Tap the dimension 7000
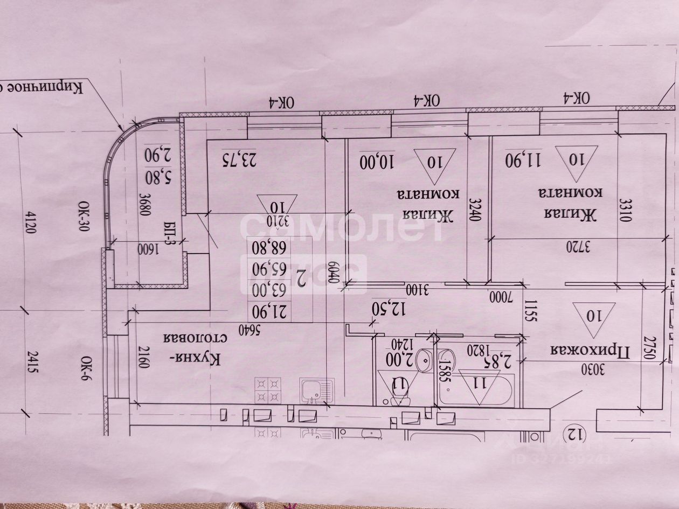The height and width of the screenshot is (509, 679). point(504,296)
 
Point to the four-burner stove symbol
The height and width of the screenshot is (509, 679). point(268,389)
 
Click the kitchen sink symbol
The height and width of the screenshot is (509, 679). point(315,391)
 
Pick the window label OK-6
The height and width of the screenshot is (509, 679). point(86,369)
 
